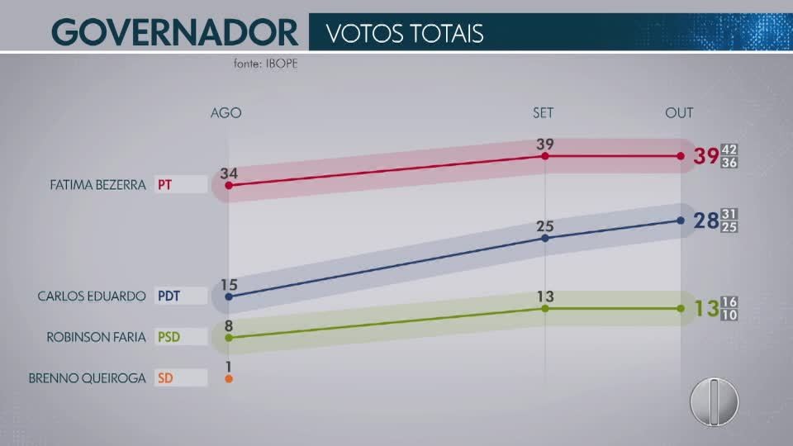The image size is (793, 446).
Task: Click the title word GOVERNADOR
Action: click(x=174, y=33)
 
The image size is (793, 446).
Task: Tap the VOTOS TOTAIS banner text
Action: click(x=404, y=33)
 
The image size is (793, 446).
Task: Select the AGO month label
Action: click(x=226, y=112)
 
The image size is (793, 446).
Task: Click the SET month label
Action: click(x=544, y=112)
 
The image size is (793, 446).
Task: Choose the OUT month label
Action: click(x=679, y=112)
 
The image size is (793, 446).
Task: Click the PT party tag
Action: click(x=165, y=184)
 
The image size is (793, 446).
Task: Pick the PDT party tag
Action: click(x=169, y=296)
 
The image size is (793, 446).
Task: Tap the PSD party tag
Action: click(x=169, y=337)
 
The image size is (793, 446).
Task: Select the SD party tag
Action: click(x=164, y=378)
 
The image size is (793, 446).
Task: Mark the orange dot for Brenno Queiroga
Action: click(x=229, y=379)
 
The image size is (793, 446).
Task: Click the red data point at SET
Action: click(x=545, y=155)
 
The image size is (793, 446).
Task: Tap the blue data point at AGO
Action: click(x=229, y=296)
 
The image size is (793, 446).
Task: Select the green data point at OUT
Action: click(x=680, y=308)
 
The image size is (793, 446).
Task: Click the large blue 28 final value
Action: click(x=705, y=221)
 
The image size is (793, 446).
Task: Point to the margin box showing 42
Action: click(x=729, y=149)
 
